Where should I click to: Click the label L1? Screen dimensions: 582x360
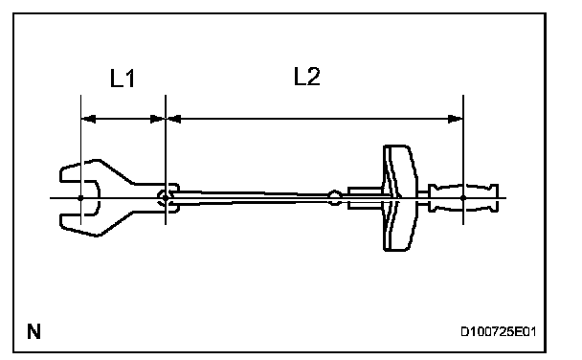pos(123,79)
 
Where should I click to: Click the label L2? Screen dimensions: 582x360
pos(306,77)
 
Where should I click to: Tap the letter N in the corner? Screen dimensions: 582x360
pos(34,331)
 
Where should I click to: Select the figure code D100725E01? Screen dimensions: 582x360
pos(498,331)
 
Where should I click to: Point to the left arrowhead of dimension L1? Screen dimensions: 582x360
pos(88,119)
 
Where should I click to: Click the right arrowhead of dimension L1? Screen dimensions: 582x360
pos(157,119)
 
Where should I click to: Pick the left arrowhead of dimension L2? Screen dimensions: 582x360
pos(173,119)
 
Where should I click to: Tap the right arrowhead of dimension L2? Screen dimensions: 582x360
pos(456,119)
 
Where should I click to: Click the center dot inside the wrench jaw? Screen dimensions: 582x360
pos(80,198)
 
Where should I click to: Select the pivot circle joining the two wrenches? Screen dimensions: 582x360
pos(164,197)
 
